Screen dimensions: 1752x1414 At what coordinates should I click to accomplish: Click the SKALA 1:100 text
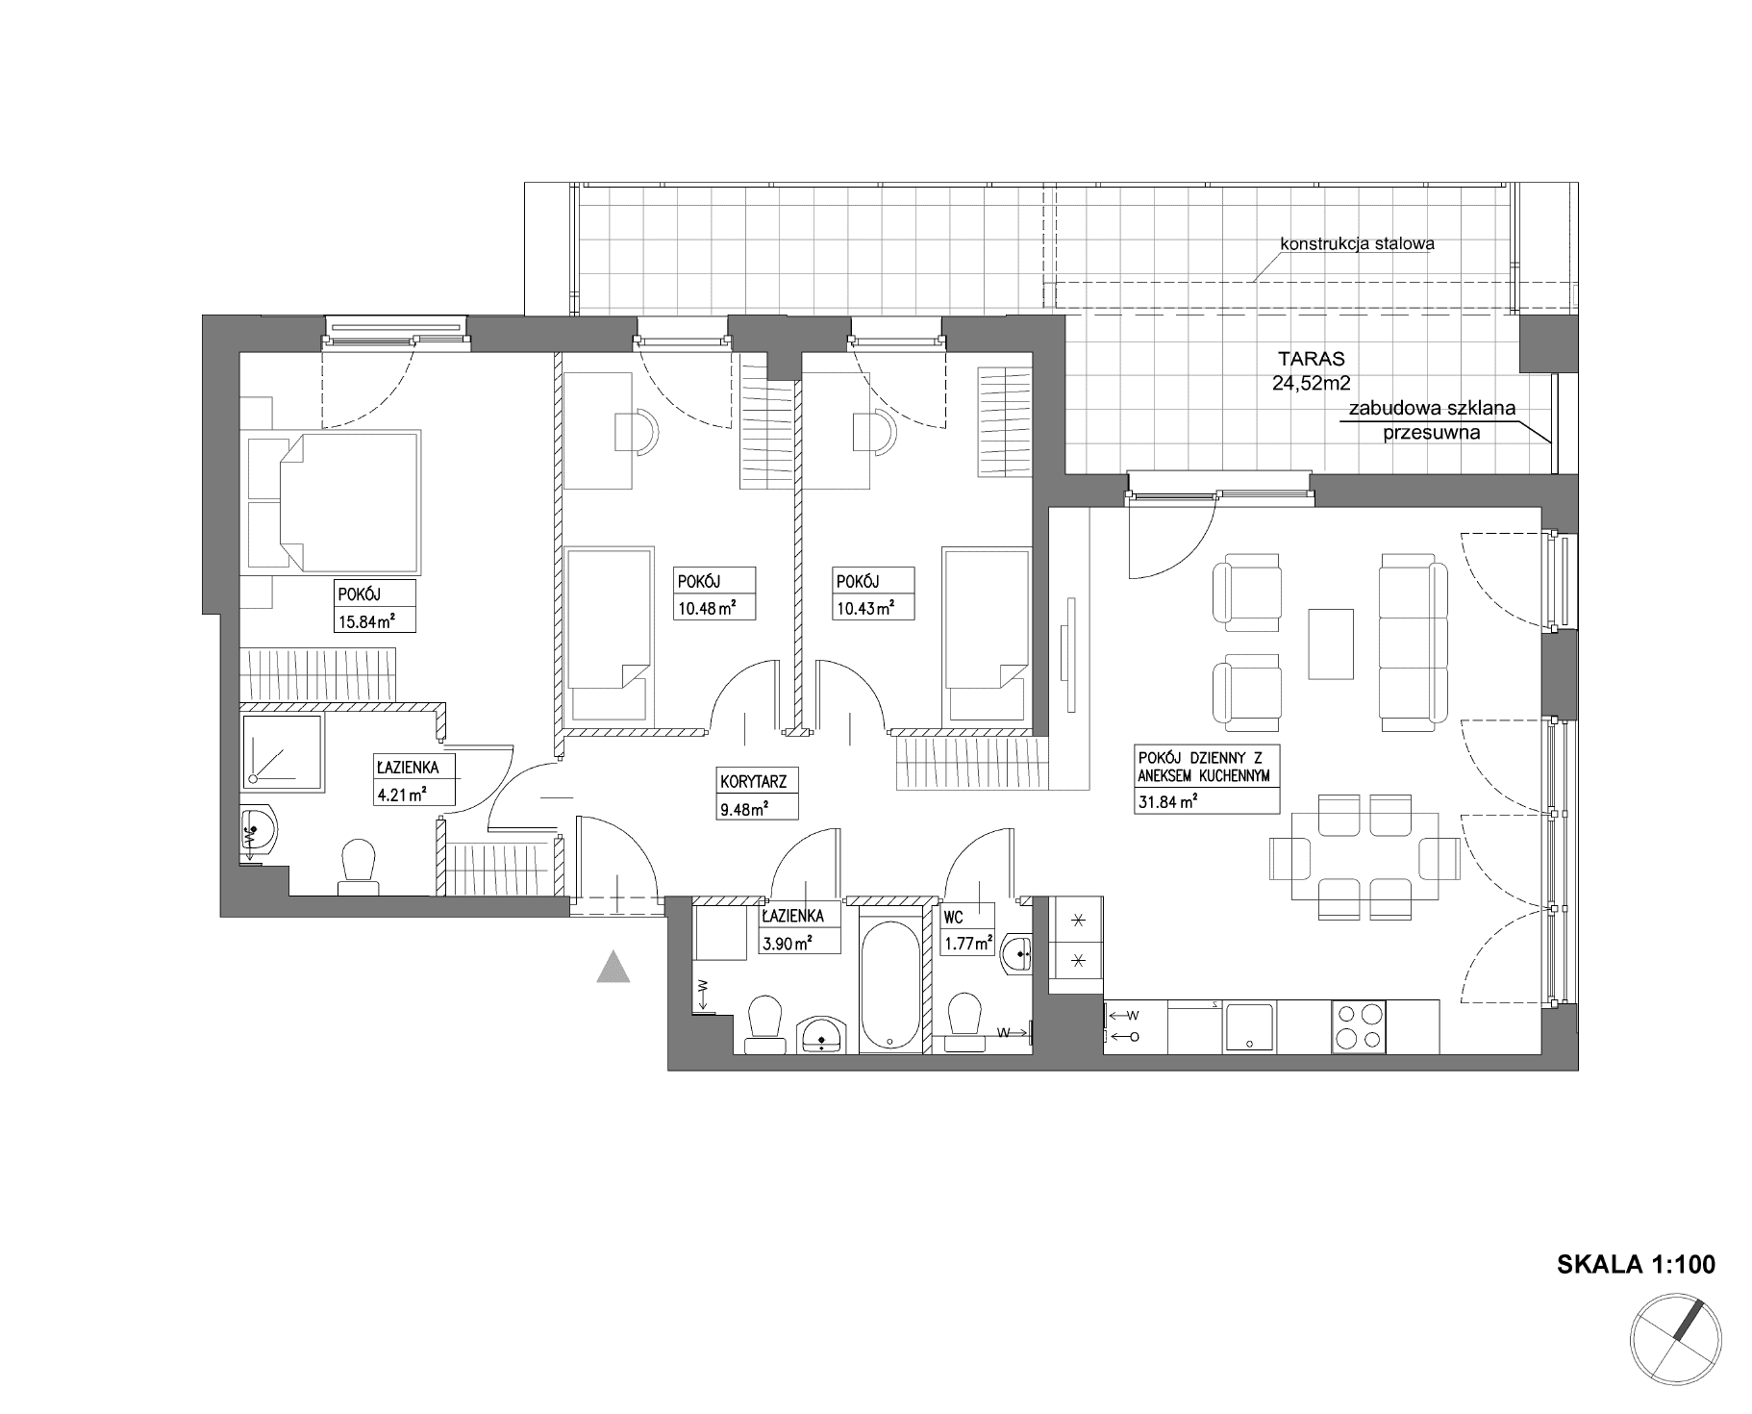click(x=1636, y=1263)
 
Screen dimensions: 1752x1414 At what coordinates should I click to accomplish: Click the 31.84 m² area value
click(x=1165, y=800)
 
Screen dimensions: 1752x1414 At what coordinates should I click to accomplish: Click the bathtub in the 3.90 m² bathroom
click(x=889, y=984)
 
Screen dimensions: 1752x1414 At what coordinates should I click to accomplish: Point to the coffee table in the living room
click(x=1330, y=644)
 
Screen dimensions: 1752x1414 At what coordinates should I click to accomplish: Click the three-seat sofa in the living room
click(x=1413, y=638)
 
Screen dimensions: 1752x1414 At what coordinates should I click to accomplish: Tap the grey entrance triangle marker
click(x=613, y=966)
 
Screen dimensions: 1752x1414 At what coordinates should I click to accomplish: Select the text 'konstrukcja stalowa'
click(x=1357, y=243)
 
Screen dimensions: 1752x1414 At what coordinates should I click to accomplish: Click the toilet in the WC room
click(x=964, y=1022)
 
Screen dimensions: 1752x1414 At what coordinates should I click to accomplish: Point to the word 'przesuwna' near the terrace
click(x=1431, y=432)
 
